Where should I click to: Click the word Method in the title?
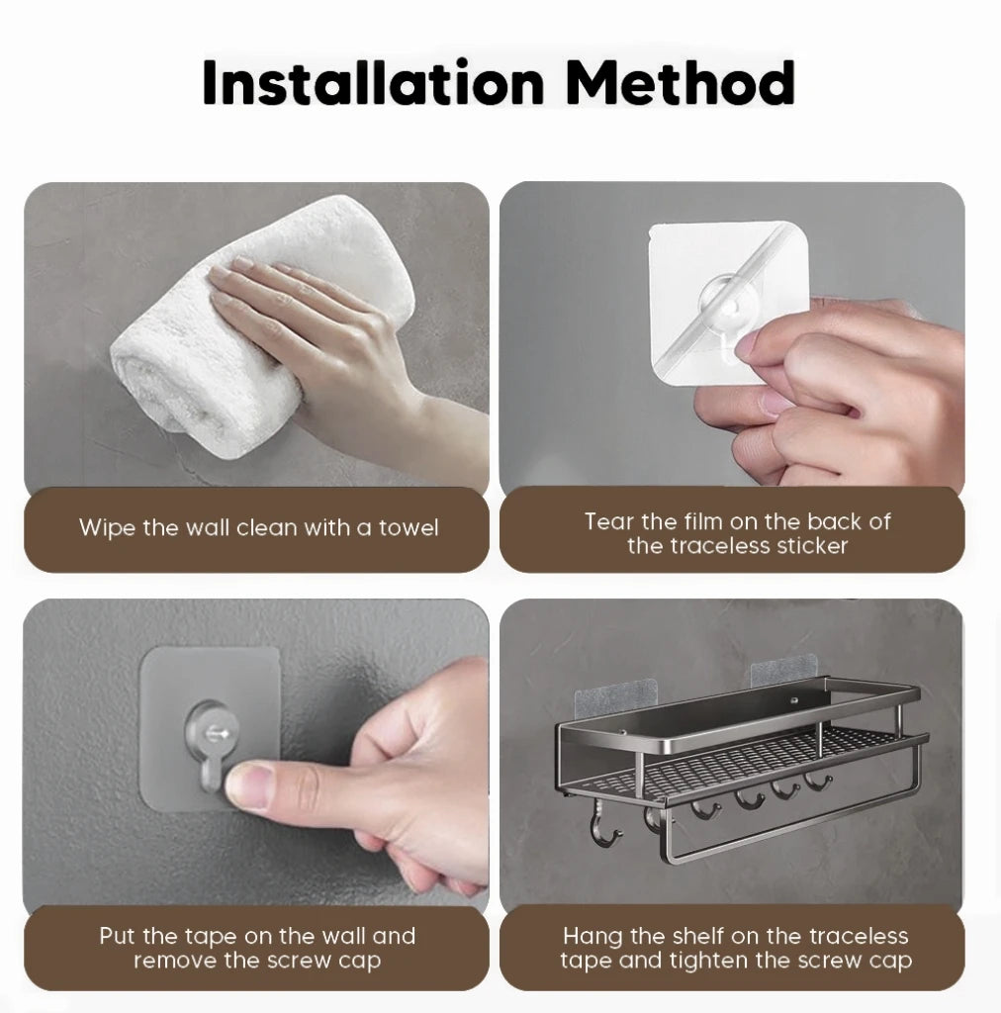681,83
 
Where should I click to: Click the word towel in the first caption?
409,528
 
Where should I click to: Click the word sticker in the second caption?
810,546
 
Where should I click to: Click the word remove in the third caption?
174,961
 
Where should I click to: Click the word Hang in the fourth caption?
591,936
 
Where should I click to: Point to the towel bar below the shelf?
772,831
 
